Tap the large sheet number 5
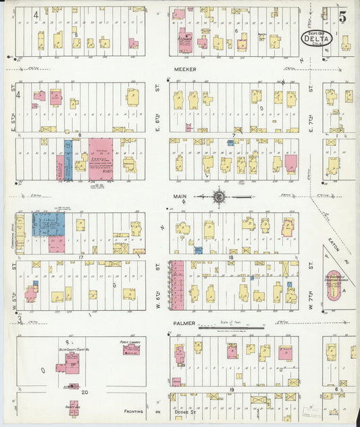coord(343,17)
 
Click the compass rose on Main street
coord(221,197)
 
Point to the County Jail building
coord(73,407)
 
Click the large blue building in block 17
coord(49,224)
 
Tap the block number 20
coord(84,391)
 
